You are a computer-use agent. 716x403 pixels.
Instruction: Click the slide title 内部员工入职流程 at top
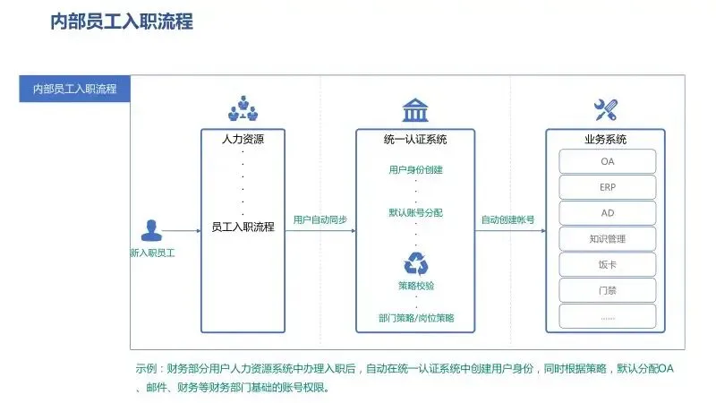tap(122, 21)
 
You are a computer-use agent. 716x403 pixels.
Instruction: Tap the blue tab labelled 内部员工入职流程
tap(74, 89)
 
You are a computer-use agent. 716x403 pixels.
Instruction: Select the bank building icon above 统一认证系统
tap(414, 111)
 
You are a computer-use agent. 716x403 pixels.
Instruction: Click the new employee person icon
tap(151, 230)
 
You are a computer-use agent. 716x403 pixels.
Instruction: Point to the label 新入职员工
tap(152, 253)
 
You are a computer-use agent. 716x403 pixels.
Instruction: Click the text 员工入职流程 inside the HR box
tap(243, 227)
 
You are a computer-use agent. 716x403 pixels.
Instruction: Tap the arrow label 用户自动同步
tap(320, 220)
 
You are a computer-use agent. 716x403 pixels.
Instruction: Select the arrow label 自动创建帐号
tap(507, 220)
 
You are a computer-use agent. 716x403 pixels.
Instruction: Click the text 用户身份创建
tap(415, 169)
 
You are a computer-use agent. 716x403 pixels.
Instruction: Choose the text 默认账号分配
tap(415, 213)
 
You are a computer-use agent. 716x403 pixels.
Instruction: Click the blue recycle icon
tap(416, 263)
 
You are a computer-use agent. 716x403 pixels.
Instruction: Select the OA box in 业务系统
tap(608, 161)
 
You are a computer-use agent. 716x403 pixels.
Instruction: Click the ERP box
tap(608, 187)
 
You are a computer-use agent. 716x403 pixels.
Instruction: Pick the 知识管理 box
tap(608, 239)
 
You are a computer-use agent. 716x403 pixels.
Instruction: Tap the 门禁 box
tap(608, 291)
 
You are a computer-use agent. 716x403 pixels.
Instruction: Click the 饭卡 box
tap(608, 265)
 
